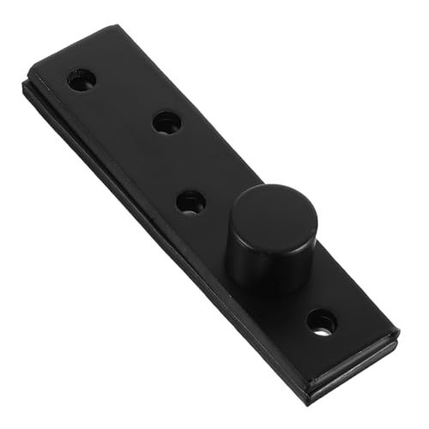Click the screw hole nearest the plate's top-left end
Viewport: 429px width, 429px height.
pos(82,80)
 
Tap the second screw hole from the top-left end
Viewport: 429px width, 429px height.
pos(166,122)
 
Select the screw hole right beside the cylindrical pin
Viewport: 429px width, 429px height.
pos(190,202)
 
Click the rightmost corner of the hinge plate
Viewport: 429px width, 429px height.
pos(399,330)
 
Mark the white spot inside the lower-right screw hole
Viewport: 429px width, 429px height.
pos(322,326)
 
